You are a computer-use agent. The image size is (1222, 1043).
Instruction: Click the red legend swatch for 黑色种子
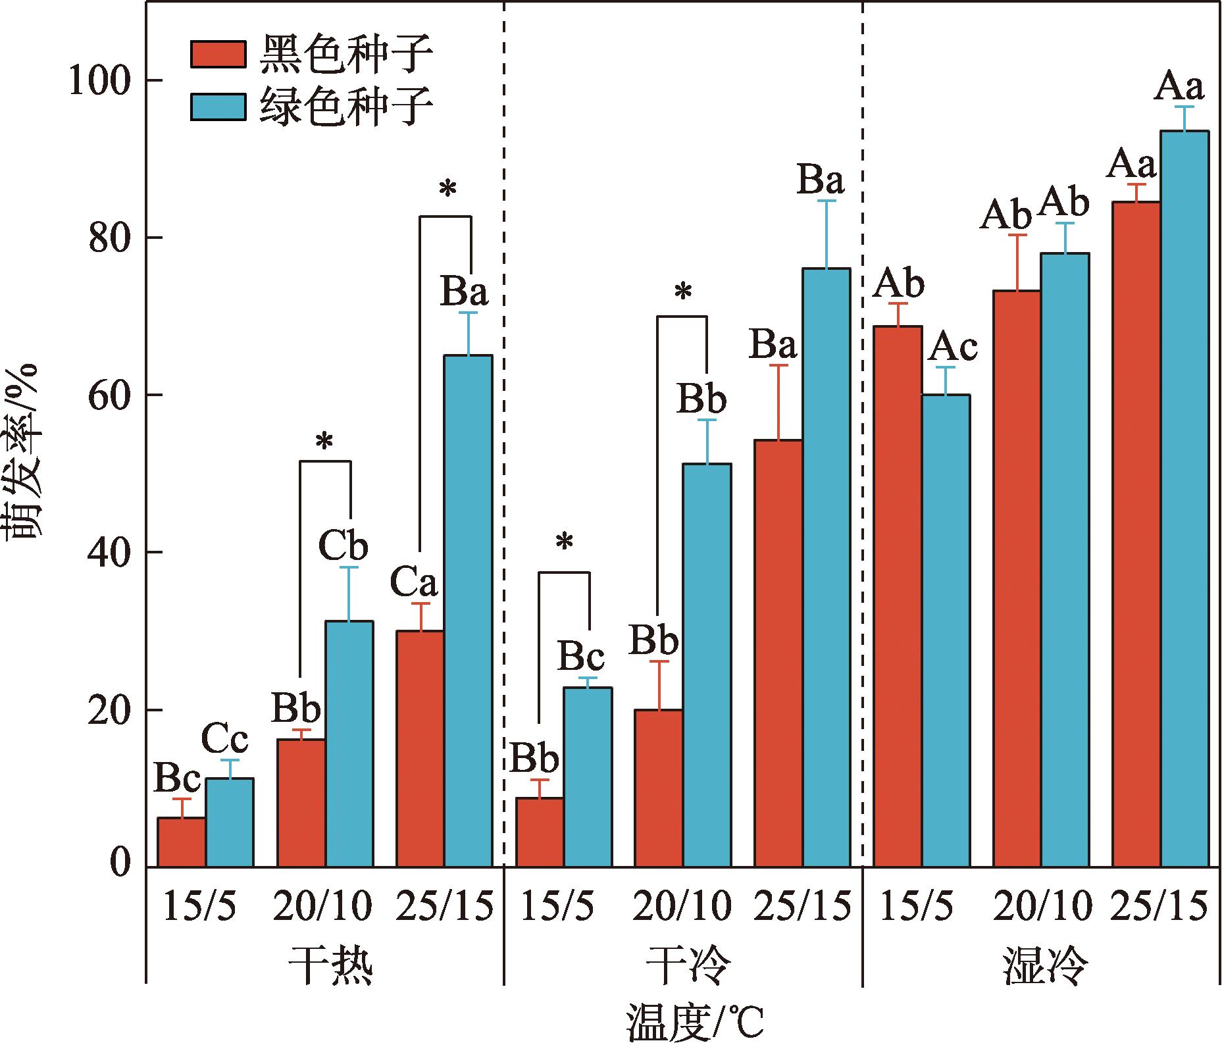pyautogui.click(x=218, y=54)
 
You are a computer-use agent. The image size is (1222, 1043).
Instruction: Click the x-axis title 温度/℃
pyautogui.click(x=695, y=1023)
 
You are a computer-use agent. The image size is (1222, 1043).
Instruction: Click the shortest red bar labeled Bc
pyautogui.click(x=182, y=842)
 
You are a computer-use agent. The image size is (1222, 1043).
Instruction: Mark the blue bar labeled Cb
pyautogui.click(x=349, y=744)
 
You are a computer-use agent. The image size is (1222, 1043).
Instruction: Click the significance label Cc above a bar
pyautogui.click(x=224, y=739)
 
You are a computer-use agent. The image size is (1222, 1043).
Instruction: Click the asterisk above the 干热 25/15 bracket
pyautogui.click(x=447, y=190)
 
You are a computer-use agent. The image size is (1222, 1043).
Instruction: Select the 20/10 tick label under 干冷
pyautogui.click(x=682, y=906)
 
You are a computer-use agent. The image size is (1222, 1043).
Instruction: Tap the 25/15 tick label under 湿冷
pyautogui.click(x=1159, y=906)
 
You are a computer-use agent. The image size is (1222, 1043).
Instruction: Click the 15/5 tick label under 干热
pyautogui.click(x=199, y=906)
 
